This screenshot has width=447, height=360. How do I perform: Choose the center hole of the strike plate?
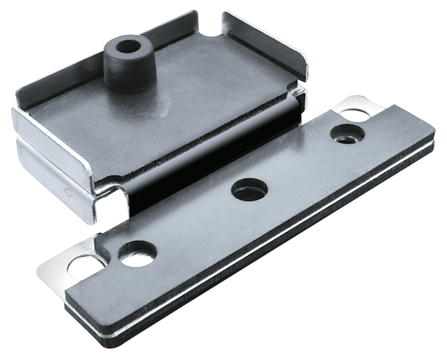point(248,190)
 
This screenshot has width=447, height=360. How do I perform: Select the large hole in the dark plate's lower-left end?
point(137,253)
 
